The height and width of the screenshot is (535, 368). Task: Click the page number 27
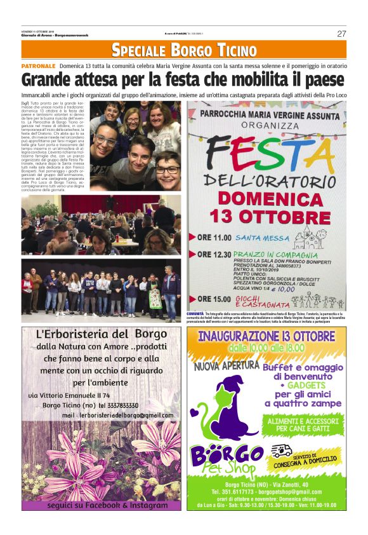point(341,34)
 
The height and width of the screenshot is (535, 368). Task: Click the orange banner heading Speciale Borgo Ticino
point(184,50)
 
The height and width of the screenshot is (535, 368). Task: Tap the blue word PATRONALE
point(39,66)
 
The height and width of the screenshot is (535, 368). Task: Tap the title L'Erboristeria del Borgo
point(101,335)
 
